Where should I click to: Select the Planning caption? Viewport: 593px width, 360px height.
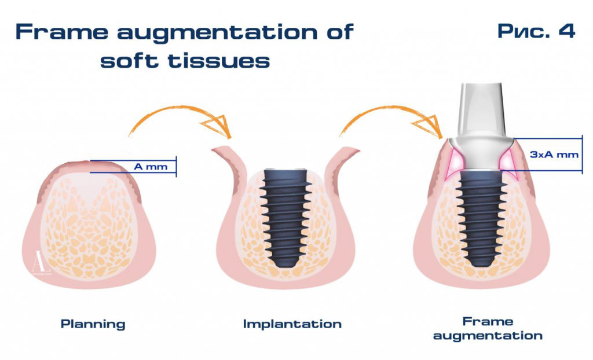(93, 324)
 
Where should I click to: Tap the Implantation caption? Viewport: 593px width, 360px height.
(292, 324)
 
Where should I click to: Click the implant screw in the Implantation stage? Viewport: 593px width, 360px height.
(284, 217)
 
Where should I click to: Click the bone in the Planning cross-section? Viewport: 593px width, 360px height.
(93, 226)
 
